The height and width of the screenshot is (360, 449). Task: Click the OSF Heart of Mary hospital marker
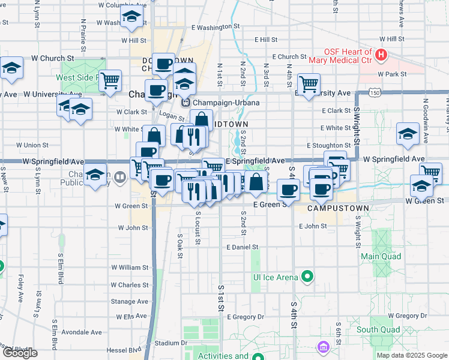[381, 56]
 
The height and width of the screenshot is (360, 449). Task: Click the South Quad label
[378, 329]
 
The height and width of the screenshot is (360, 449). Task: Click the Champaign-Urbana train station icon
[186, 103]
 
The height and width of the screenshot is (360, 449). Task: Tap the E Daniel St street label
[242, 247]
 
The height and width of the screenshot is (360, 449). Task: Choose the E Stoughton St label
[328, 145]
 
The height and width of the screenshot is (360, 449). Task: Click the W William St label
[129, 267]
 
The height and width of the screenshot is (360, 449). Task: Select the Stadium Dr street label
[167, 343]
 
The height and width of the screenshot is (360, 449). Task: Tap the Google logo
[20, 353]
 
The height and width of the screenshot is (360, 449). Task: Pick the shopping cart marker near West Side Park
[110, 80]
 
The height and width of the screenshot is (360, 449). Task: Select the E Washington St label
[215, 27]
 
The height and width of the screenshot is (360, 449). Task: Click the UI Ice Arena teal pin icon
[308, 277]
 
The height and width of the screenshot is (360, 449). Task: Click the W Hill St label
[133, 41]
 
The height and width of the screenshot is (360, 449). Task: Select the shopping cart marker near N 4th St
[309, 83]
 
